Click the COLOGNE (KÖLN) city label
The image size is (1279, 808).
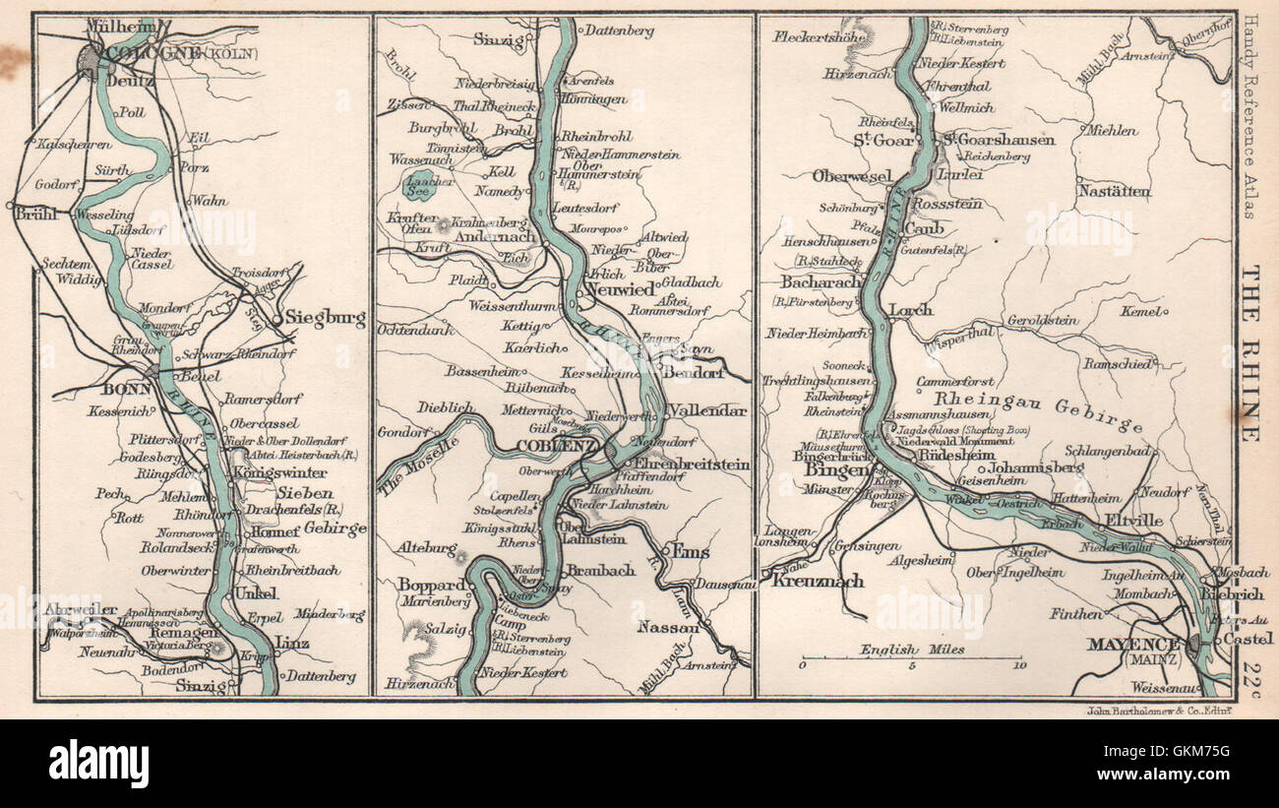click(x=167, y=52)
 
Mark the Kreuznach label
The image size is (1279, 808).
click(x=817, y=581)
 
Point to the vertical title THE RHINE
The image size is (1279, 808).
click(x=1249, y=354)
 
